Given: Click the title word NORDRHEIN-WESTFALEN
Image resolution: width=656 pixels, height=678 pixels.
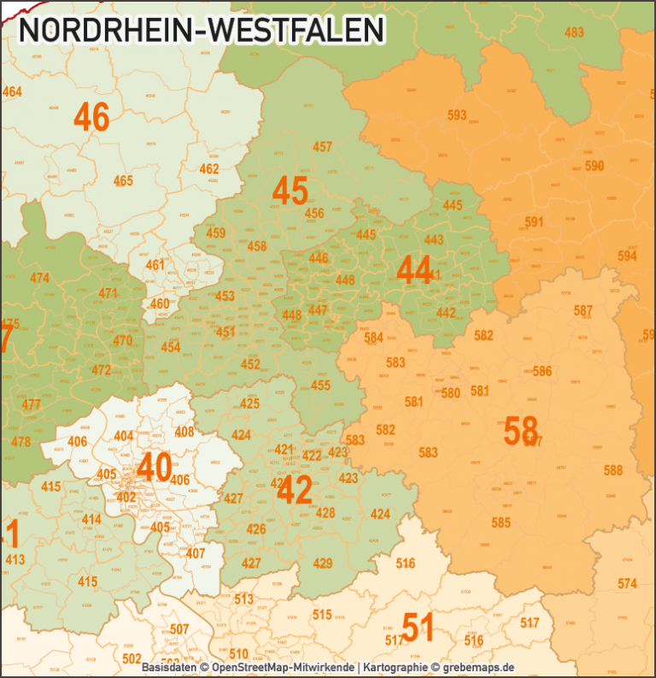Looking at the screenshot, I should tap(202, 30).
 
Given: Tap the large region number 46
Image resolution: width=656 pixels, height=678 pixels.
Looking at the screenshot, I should tap(91, 117).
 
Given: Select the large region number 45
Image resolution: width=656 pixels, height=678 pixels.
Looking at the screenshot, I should tap(290, 191).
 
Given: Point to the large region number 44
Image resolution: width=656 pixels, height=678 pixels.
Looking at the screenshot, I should tap(414, 270).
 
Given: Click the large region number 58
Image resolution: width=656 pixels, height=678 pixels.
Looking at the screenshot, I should tap(520, 430).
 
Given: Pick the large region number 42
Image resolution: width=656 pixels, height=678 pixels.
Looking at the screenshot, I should tap(295, 491).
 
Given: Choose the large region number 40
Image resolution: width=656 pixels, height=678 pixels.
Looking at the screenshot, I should tap(154, 467).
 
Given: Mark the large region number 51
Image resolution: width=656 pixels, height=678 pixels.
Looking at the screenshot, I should tap(419, 628).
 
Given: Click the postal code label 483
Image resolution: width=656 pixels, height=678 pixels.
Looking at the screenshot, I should tap(575, 32).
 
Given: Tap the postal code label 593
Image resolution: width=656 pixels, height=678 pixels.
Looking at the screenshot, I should tap(457, 115).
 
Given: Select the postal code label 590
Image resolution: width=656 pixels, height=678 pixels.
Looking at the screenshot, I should tap(594, 165).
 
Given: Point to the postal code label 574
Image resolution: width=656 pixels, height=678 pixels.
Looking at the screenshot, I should tap(628, 584).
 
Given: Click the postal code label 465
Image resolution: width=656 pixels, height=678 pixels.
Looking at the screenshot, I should tap(123, 180).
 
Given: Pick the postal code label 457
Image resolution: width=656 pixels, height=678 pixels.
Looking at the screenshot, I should tap(322, 147).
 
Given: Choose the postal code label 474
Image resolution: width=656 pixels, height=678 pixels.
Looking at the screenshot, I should tap(39, 278).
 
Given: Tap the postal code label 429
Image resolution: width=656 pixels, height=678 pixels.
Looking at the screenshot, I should tap(323, 563).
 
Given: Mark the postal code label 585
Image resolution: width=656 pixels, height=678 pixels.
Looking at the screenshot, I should tap(501, 522).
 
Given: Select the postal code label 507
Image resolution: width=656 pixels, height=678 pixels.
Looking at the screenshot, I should tap(179, 630).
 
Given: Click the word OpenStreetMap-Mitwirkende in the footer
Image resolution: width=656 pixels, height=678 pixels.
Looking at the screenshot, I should tap(283, 667).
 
